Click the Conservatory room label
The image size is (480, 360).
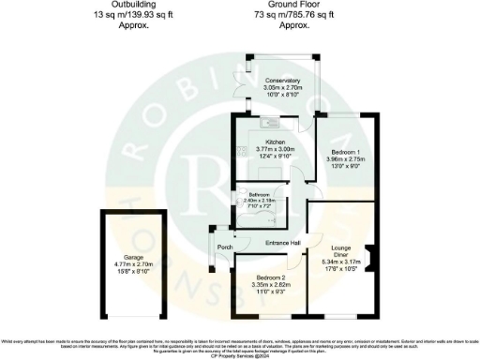[282, 81]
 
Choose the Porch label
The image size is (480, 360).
[225, 247]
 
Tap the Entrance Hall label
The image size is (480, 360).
[282, 243]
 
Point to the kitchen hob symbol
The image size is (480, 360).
[242, 150]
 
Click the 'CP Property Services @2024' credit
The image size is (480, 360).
[240, 356]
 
